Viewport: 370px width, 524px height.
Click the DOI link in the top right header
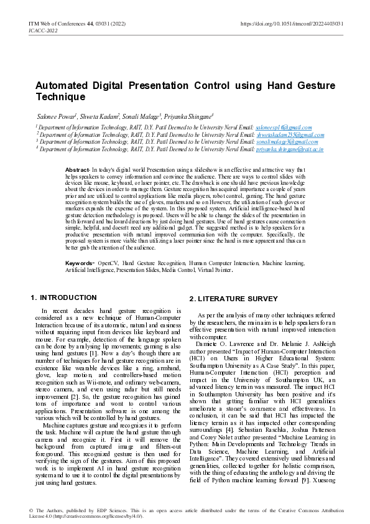[x=292, y=24]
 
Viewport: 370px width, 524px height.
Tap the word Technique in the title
[x=60, y=98]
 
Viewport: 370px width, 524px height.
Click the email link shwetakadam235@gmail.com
[x=291, y=134]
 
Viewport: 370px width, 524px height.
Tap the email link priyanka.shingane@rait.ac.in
[x=289, y=149]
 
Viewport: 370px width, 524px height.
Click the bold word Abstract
[x=77, y=170]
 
